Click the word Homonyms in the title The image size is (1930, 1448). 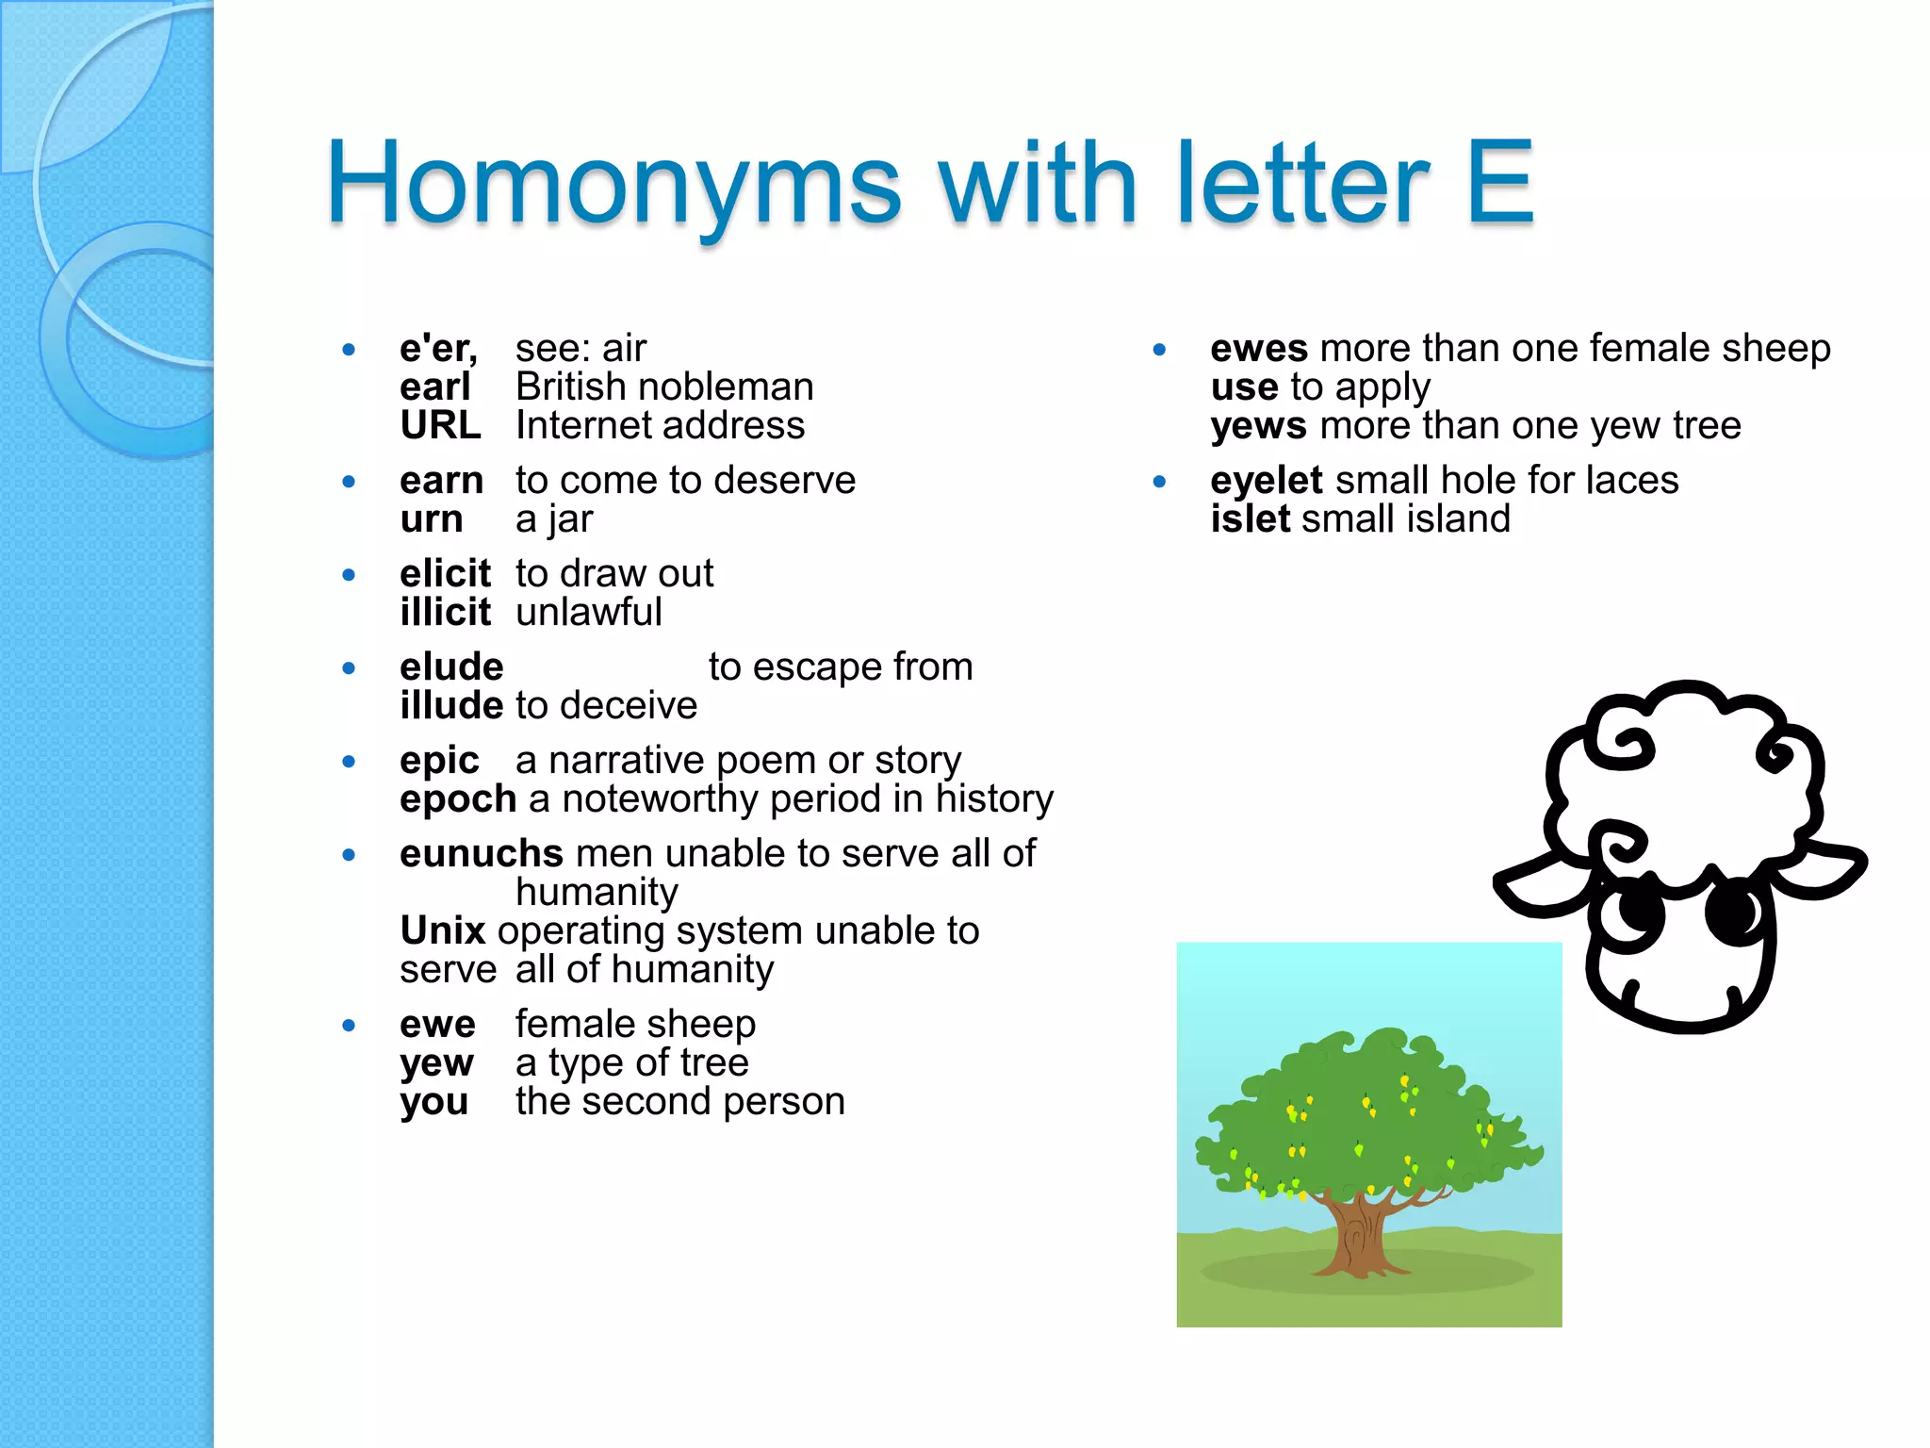(x=613, y=184)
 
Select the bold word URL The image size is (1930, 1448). (x=440, y=426)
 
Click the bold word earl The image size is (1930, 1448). (x=434, y=387)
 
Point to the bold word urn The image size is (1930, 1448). (x=431, y=519)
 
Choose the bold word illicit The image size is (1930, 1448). (x=445, y=613)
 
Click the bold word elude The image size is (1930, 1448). (x=451, y=667)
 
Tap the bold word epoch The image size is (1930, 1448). (x=458, y=799)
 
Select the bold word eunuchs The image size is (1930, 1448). (x=481, y=854)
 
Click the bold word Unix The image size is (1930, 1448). (x=442, y=931)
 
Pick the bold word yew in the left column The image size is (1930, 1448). (x=436, y=1063)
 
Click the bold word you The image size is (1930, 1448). (x=433, y=1102)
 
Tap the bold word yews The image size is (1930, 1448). (x=1258, y=426)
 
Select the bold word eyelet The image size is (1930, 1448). (x=1267, y=481)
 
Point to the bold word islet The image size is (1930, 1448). (x=1250, y=519)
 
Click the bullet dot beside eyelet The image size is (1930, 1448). (x=1159, y=482)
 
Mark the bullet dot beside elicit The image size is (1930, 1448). (x=349, y=575)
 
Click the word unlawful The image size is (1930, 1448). (x=589, y=613)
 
